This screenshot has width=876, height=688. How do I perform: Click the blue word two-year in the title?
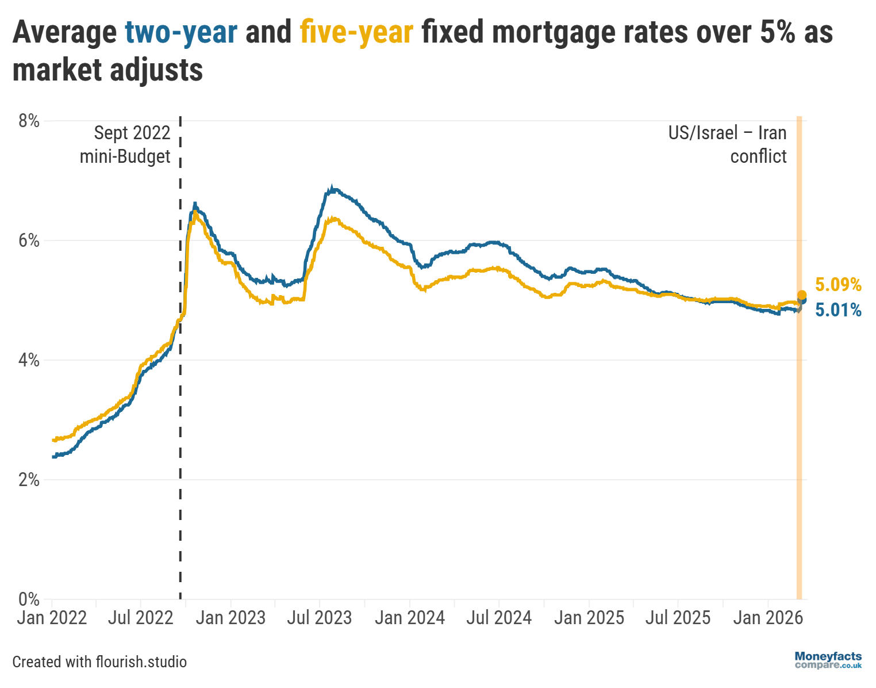click(x=181, y=32)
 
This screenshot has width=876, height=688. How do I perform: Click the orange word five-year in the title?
click(x=356, y=32)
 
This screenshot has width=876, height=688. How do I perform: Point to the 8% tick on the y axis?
click(x=29, y=121)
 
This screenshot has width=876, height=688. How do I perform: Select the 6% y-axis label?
click(x=29, y=240)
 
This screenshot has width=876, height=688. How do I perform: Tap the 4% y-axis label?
click(x=29, y=360)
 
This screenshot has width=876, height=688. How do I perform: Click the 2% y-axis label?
click(x=29, y=480)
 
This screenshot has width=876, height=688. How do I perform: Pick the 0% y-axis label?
click(x=29, y=599)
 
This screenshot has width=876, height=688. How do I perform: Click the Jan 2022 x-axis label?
click(x=52, y=618)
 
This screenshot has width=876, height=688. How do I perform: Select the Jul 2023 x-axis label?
click(x=320, y=618)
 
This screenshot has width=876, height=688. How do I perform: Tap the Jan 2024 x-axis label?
click(x=410, y=618)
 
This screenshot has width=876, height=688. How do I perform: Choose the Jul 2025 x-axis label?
click(x=678, y=618)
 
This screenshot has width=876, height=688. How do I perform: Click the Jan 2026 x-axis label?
click(x=768, y=618)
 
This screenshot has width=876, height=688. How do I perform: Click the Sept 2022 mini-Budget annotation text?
click(x=125, y=144)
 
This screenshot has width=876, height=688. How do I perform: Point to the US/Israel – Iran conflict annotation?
click(x=728, y=144)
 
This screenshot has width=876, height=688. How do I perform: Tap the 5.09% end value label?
click(x=838, y=285)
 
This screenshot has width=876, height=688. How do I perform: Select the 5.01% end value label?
click(x=838, y=311)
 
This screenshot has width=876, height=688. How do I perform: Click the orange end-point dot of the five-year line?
click(x=802, y=295)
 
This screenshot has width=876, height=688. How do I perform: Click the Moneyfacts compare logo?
click(x=828, y=660)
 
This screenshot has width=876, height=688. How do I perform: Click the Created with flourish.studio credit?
click(x=99, y=662)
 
